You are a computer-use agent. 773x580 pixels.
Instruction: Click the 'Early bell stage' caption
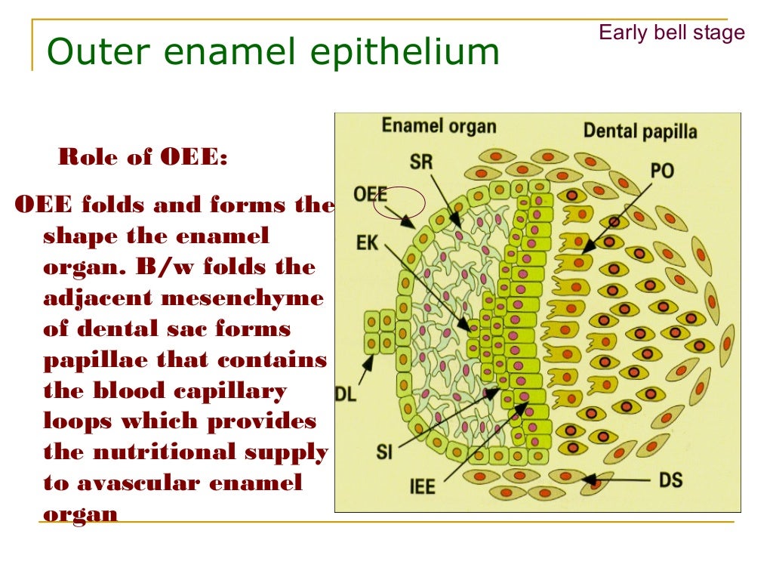(671, 32)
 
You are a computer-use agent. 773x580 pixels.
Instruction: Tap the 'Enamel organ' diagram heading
(439, 125)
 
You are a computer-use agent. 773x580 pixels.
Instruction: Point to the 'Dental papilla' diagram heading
(639, 131)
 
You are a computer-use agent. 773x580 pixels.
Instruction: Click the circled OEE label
(371, 195)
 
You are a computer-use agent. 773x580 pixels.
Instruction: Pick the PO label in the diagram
(661, 171)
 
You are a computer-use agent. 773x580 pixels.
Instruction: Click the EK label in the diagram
(368, 244)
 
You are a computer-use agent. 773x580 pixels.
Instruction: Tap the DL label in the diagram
(346, 393)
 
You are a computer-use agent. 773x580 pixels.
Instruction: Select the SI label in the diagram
(385, 452)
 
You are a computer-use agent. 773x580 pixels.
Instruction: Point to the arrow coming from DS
(619, 480)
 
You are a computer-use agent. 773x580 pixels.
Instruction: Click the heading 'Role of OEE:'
(143, 158)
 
